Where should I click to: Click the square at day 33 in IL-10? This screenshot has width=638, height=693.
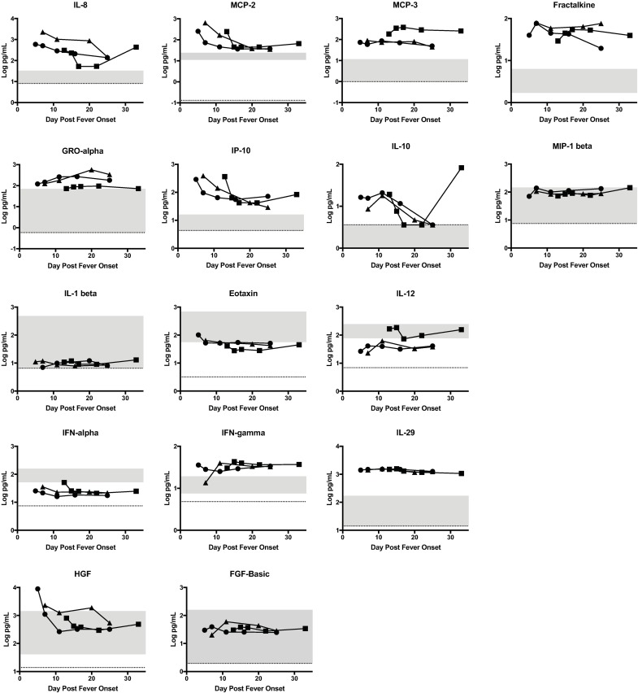461,168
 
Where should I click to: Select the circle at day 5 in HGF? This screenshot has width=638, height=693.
38,588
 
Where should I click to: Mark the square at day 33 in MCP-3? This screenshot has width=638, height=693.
461,31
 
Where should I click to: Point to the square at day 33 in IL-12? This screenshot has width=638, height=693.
461,329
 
